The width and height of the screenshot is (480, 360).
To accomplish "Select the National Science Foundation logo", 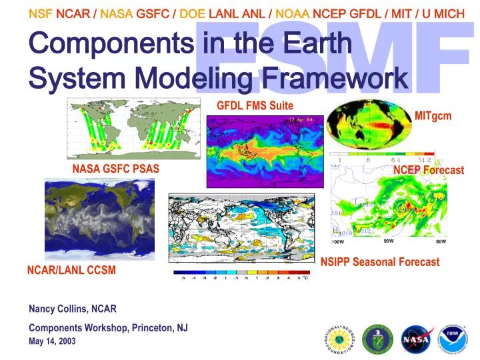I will point(341,339).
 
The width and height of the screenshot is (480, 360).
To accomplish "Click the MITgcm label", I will point(433,116).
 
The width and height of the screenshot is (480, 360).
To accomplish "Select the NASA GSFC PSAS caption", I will point(115,169).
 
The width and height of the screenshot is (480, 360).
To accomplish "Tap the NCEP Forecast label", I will point(428,170).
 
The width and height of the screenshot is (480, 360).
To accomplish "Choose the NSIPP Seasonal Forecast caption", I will point(380,262).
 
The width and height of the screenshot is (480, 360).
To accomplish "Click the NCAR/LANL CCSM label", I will point(71,270).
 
